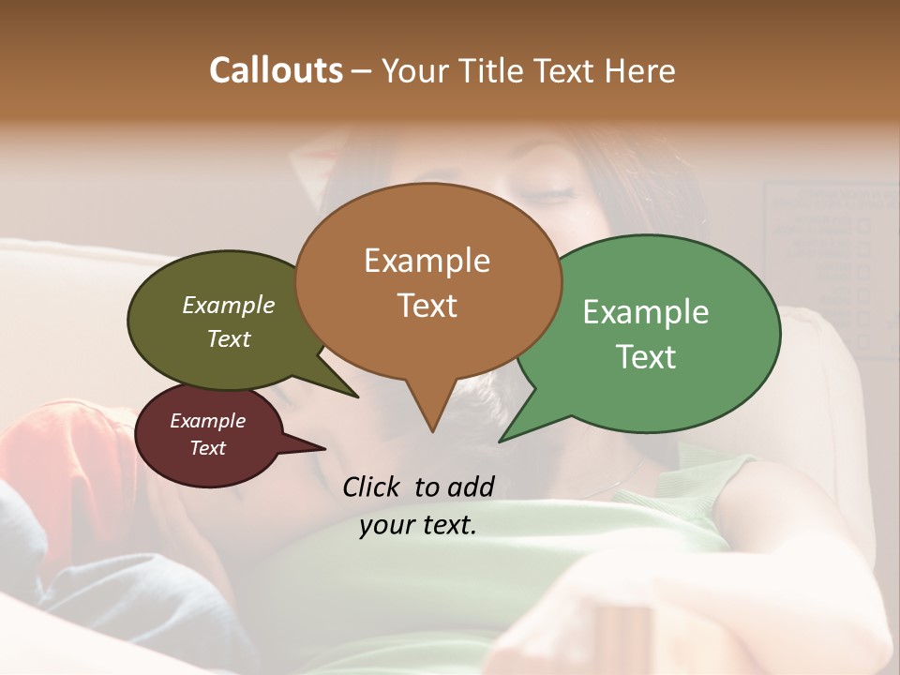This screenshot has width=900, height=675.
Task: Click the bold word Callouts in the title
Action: point(276,70)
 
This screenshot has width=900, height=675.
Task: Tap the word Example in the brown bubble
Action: point(427,261)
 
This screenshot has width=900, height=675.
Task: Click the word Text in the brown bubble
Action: point(427,306)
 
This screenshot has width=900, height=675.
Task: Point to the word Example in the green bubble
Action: point(646,312)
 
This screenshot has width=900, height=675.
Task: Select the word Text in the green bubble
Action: point(646,357)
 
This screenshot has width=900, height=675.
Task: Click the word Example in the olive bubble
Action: point(229,305)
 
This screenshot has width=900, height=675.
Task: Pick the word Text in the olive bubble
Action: point(229,338)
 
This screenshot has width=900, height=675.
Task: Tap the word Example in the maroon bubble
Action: point(208,421)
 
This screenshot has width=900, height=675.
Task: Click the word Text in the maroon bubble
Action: point(208,448)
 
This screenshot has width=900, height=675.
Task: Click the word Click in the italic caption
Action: point(373,487)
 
